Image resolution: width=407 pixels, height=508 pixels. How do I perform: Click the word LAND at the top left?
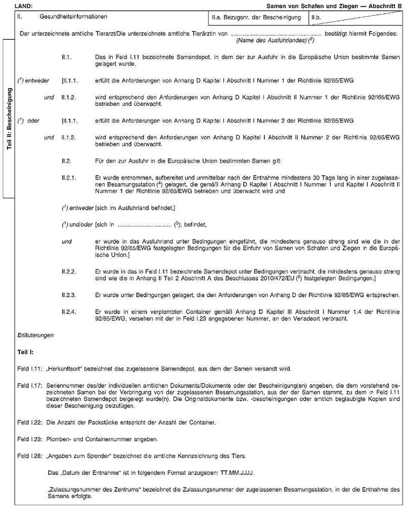pos(24,6)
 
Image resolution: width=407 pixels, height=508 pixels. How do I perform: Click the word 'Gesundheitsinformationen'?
pos(73,17)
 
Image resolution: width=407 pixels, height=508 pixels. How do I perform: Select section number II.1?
pos(66,57)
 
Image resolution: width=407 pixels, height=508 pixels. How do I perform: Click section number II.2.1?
pos(68,178)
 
